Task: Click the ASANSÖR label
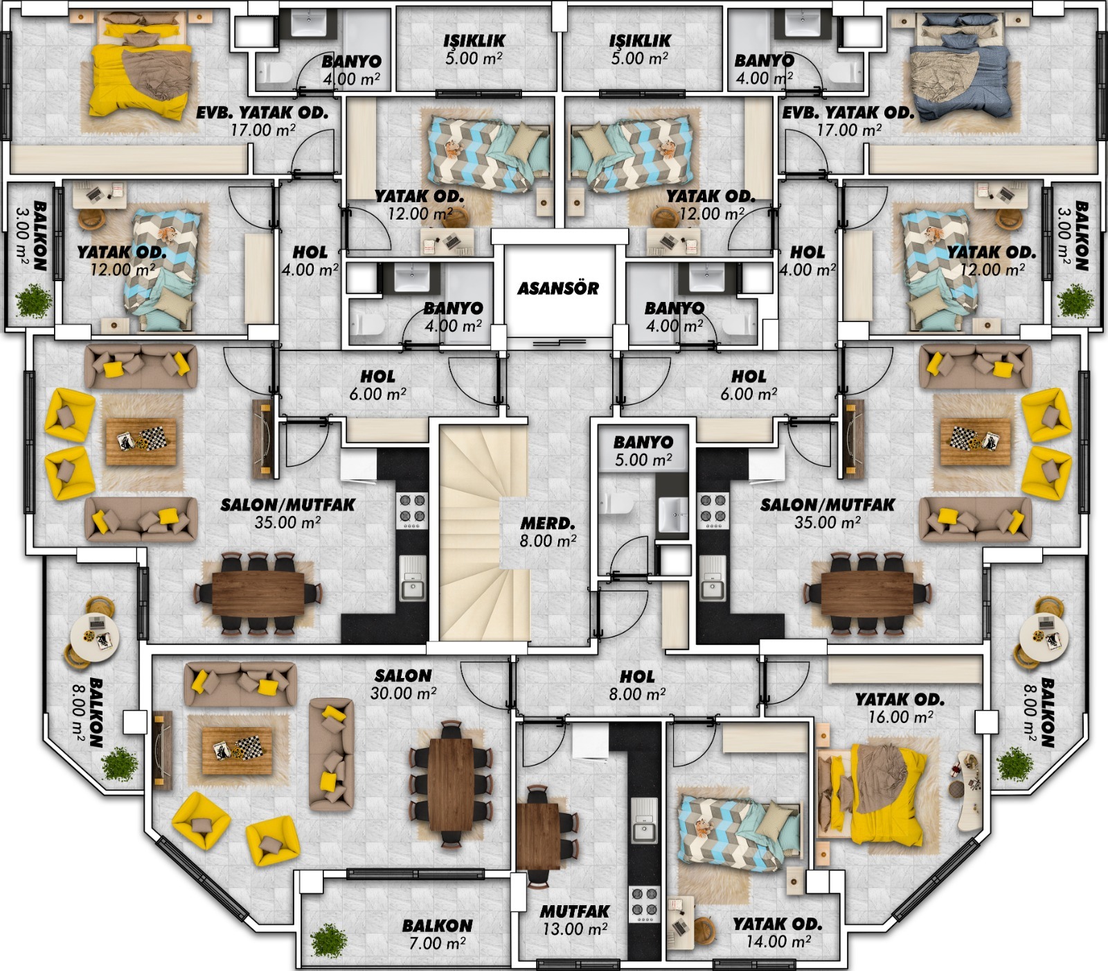click(558, 288)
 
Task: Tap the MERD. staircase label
click(548, 532)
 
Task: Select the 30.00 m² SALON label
click(403, 684)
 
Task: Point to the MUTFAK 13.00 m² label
click(575, 920)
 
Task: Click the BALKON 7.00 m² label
click(437, 934)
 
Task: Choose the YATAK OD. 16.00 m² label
click(900, 708)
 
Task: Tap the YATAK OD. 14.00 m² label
click(778, 932)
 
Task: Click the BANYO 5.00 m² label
click(643, 451)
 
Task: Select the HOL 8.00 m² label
click(637, 685)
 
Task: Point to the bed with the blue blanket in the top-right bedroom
click(963, 69)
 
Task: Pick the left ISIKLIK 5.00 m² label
click(474, 49)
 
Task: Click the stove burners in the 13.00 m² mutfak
click(644, 903)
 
